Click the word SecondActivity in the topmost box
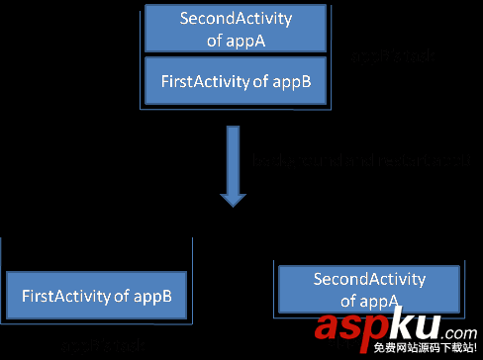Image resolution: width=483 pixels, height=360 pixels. (x=227, y=19)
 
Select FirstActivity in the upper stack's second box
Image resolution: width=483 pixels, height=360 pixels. (x=202, y=82)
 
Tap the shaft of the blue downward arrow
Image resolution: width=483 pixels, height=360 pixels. (x=233, y=153)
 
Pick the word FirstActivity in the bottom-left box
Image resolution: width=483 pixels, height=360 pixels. (x=63, y=295)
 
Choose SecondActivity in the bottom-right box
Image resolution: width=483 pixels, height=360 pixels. (x=368, y=280)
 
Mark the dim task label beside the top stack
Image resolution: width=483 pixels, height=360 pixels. (x=394, y=58)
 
